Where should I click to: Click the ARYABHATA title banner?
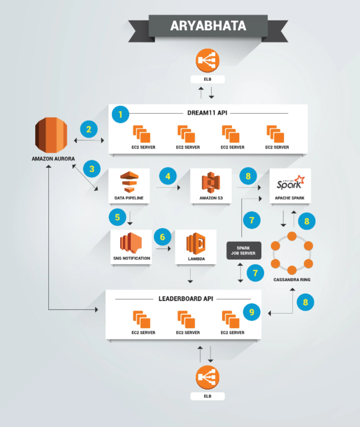click(x=208, y=26)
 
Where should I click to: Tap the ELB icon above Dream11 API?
click(x=207, y=61)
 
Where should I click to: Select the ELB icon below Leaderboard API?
click(x=207, y=378)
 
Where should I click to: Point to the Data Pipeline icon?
click(x=128, y=184)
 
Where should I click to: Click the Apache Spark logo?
click(x=290, y=183)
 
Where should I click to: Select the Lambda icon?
click(x=196, y=243)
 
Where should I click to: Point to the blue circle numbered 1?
click(x=122, y=113)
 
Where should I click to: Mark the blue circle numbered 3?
click(x=92, y=169)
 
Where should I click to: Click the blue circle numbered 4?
click(x=168, y=176)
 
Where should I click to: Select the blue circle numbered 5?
click(x=117, y=217)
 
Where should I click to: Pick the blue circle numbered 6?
click(x=163, y=237)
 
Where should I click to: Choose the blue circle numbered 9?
click(x=252, y=312)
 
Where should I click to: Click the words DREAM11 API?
click(x=210, y=113)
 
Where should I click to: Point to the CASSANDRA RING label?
click(x=292, y=280)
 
